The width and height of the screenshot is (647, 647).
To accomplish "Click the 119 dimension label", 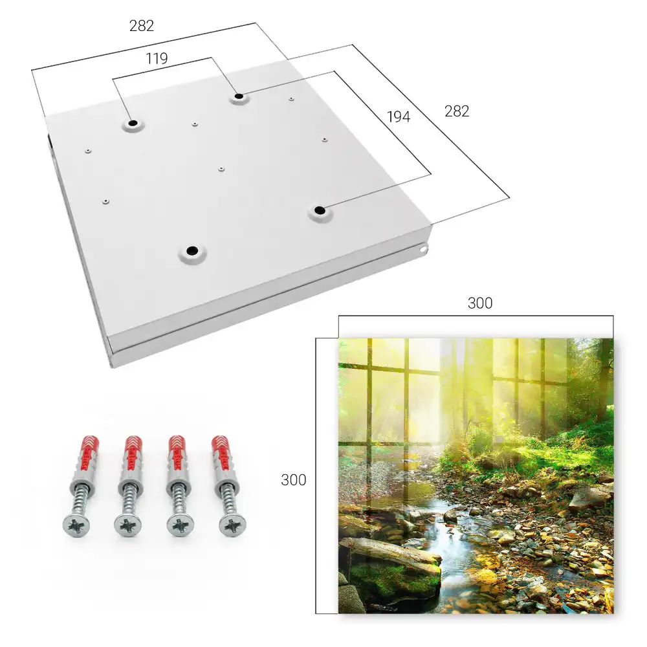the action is pos(157,59).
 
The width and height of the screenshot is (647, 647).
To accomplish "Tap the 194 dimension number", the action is pos(399,116).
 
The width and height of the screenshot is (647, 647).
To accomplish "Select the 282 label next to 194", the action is pos(457,111).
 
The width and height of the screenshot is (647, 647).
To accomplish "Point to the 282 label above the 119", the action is pos(142,26).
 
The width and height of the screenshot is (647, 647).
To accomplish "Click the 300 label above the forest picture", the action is pos(480,303).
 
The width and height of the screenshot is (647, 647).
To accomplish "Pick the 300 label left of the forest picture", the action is pos(293,480).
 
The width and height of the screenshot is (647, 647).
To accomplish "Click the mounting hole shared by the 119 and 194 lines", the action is pos(239,97).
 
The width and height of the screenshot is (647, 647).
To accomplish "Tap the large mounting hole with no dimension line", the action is pos(192,251).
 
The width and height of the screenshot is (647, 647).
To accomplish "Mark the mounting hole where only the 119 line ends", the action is pos(133,124).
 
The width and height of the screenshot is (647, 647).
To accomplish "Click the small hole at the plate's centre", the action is pos(221,169).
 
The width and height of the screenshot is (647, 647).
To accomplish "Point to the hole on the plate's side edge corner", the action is pos(423,249).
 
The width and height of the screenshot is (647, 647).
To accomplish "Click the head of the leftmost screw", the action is pos(77,525).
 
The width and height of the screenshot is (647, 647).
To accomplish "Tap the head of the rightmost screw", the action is pos(232,525).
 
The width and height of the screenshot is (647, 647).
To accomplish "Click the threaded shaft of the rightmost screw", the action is pos(226,499).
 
